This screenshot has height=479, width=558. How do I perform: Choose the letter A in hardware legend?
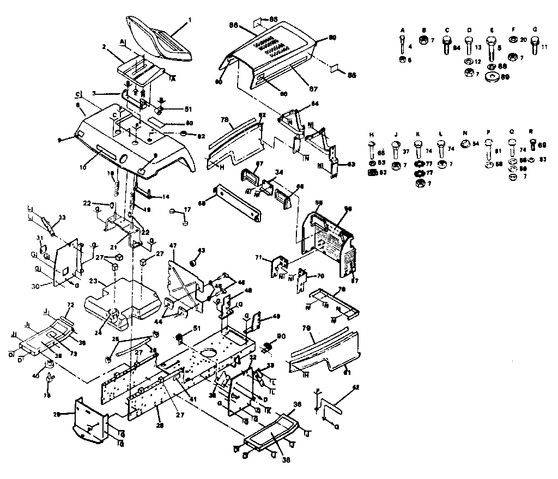pos(402,29)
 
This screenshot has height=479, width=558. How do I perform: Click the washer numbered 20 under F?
pos(513,40)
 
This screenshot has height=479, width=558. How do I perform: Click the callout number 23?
pos(93,281)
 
